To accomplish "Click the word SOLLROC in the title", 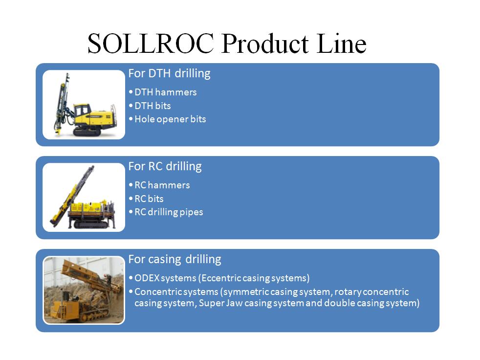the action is [x=151, y=43].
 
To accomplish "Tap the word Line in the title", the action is [x=341, y=43].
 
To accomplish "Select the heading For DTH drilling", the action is [x=169, y=74].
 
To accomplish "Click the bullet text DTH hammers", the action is [x=166, y=92].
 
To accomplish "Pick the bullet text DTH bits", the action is [x=153, y=106].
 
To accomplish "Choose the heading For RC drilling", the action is [x=165, y=167].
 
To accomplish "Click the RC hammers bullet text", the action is [x=162, y=185].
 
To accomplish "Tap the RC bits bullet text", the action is [x=149, y=199].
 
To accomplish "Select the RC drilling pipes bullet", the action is [x=169, y=212].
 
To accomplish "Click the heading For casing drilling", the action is [x=175, y=260].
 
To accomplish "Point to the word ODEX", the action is [x=147, y=278].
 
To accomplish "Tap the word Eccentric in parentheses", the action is [x=221, y=278].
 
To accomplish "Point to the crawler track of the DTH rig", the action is [x=87, y=132].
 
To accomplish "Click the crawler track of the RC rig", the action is [x=91, y=225].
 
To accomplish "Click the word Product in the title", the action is [x=265, y=43].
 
